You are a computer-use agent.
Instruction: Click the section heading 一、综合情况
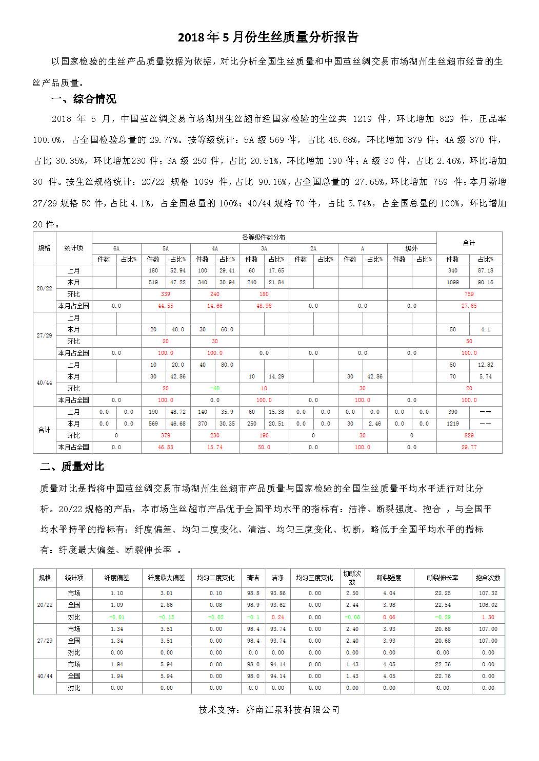pos(82,99)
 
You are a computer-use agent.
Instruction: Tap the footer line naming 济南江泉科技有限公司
pos(269,709)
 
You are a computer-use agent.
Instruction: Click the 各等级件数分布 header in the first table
pos(264,237)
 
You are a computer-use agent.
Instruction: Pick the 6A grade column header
pos(116,248)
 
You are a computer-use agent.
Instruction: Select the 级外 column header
pos(411,248)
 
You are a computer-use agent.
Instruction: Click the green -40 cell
pos(214,388)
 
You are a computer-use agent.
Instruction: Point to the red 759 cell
pos(469,294)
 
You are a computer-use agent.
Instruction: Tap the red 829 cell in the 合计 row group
pos(469,435)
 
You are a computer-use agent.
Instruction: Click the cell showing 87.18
pos(485,270)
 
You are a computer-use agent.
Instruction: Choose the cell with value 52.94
pos(177,270)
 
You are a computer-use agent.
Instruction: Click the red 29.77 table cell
pos(469,447)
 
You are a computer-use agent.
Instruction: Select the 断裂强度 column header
pos(389,578)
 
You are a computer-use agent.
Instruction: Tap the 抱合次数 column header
pos(487,578)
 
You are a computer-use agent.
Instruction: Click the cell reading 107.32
pos(487,593)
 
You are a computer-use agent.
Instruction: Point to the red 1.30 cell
pos(488,617)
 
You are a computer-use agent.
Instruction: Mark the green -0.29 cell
pos(442,617)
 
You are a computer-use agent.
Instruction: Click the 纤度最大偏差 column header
pos(166,578)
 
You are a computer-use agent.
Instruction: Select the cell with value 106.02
pos(487,605)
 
